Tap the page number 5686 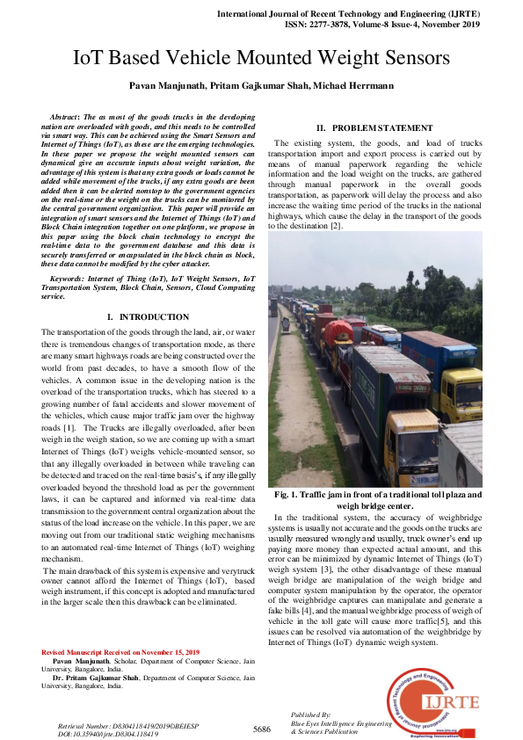[x=261, y=729]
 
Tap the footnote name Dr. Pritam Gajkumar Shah [x=98, y=678]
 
